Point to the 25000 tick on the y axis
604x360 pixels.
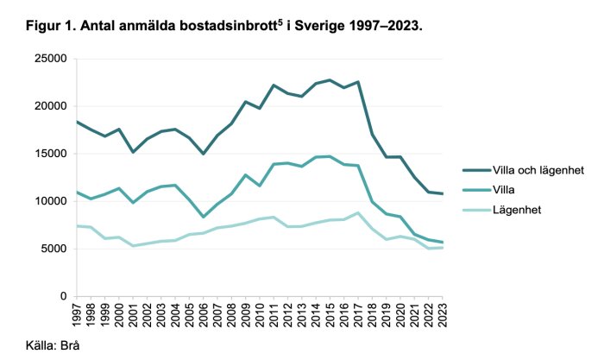51,59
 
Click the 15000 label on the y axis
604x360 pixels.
51,154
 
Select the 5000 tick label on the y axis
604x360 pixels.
54,249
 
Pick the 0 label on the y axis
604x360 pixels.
64,296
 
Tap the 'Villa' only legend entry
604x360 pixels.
502,191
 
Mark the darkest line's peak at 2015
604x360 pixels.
330,80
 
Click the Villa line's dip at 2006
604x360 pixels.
204,217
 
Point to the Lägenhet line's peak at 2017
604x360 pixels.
358,213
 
